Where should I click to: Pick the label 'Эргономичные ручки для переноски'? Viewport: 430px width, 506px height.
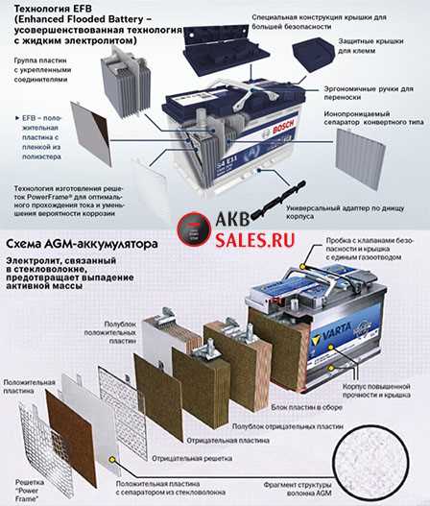374,87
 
